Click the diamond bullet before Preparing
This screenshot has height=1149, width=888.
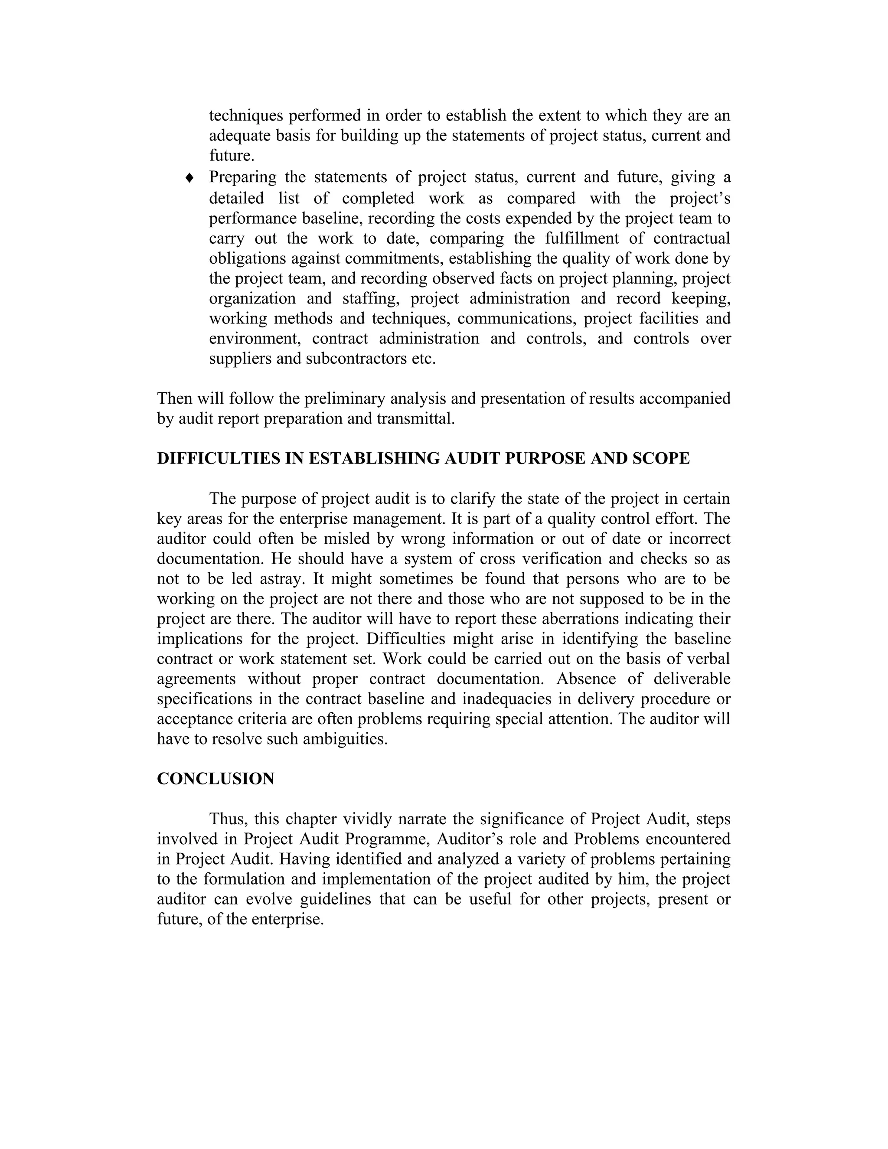coord(190,178)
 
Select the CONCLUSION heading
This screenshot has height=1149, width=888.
coord(215,779)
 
